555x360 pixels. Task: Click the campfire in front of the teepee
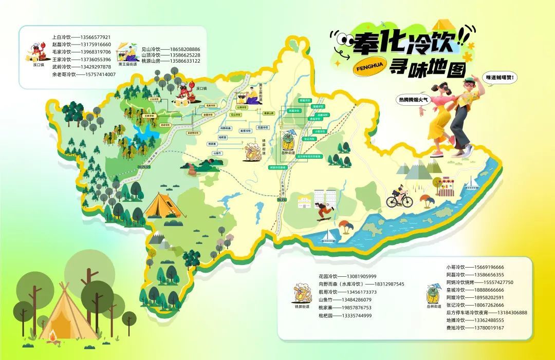point(52,336)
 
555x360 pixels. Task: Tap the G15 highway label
point(281,199)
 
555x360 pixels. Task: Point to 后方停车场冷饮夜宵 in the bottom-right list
point(471,312)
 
